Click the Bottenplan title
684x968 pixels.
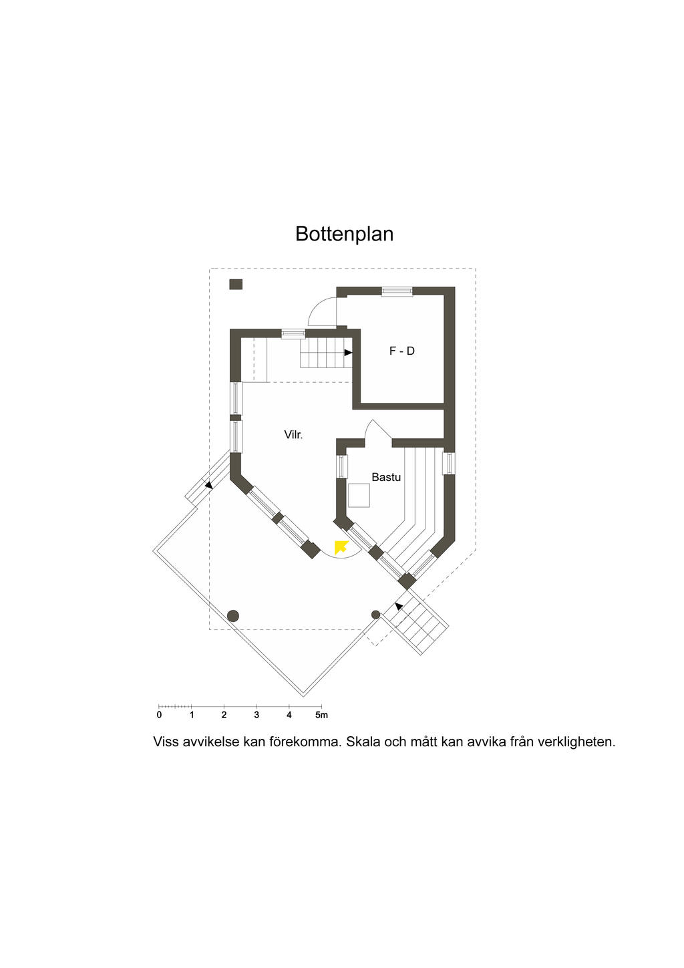345,234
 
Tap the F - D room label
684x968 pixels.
402,351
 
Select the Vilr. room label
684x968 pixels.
293,435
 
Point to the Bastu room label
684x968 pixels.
386,477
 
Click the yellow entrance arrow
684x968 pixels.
341,547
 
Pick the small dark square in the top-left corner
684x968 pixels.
236,285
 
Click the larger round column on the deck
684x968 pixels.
233,616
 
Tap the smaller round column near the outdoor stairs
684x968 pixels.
376,615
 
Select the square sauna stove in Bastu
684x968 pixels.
359,495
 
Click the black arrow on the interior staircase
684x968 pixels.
348,353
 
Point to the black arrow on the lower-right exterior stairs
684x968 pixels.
399,607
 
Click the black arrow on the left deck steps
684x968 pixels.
208,485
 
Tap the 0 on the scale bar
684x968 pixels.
159,715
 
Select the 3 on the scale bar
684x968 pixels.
256,715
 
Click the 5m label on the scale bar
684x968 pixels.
321,715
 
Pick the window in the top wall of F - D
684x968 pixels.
397,292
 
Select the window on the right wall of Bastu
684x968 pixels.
448,463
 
